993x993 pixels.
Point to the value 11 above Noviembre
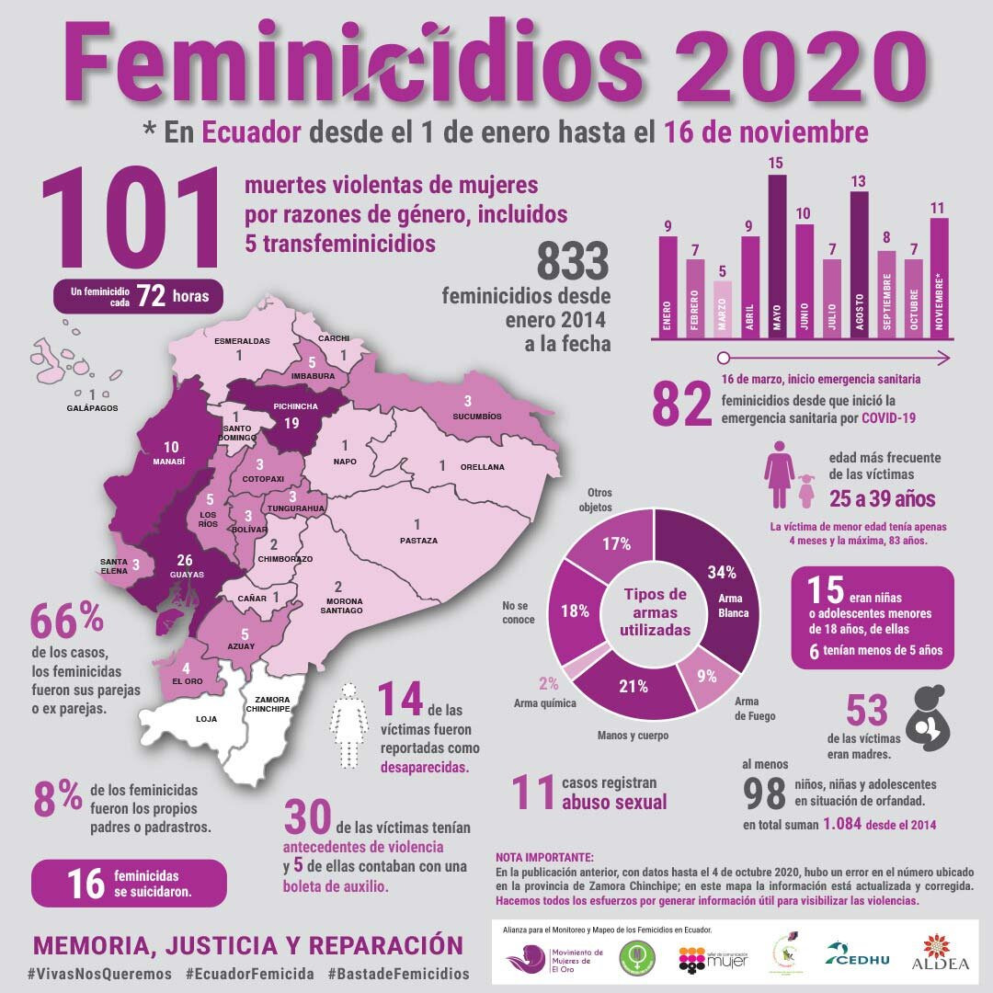(939, 208)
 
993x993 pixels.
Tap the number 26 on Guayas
(185, 560)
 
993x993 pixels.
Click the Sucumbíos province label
(477, 416)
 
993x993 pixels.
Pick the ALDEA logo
(940, 953)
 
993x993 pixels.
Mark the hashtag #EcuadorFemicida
(248, 973)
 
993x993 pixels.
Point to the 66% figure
(67, 622)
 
